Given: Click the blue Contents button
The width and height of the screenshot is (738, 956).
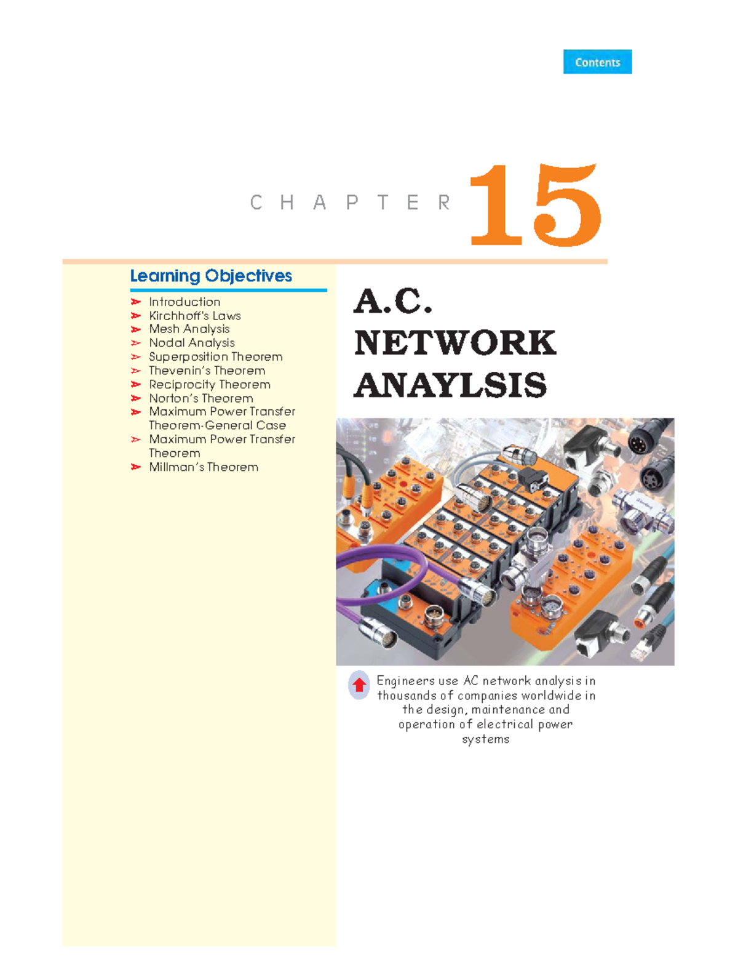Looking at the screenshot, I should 597,62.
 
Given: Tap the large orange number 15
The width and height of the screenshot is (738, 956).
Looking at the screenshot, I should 534,206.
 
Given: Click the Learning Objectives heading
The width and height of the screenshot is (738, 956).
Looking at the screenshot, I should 211,276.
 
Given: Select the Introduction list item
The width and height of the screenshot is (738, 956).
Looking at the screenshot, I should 184,302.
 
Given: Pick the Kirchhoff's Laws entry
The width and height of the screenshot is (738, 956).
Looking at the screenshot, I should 195,316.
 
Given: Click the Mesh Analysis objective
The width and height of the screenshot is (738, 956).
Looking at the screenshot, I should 189,329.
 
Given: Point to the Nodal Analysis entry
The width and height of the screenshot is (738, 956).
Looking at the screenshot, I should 192,343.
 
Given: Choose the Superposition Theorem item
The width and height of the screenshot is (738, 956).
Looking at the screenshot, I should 216,357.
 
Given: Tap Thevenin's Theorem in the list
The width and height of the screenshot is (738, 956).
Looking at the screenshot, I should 207,371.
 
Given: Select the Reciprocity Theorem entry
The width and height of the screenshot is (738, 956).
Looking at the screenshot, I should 210,385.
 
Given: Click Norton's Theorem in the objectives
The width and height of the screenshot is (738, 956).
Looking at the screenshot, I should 201,398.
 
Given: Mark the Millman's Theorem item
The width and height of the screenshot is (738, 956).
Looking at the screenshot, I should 204,467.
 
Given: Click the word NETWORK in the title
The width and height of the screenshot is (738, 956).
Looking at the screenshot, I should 455,343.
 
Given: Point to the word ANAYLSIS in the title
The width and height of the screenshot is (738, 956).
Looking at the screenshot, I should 450,385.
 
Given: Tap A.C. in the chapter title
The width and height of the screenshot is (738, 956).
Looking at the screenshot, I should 393,301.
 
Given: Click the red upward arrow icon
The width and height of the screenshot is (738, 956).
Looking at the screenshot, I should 359,685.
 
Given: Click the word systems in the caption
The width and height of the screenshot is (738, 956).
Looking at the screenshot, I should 486,739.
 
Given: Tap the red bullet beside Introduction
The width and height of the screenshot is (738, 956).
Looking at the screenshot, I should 136,302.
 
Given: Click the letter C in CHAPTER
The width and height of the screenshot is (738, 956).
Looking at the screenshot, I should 256,203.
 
